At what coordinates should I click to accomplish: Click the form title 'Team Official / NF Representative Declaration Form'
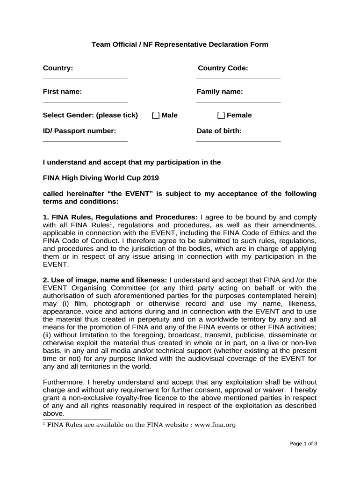(180, 44)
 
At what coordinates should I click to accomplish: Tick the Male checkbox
(156, 116)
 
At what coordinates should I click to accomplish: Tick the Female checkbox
(221, 116)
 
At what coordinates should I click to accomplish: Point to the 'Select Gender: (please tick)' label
(90, 115)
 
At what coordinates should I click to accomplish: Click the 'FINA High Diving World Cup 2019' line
(101, 178)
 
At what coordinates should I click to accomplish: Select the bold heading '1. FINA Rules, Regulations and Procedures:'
(120, 218)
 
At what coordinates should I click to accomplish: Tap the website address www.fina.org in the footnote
(215, 425)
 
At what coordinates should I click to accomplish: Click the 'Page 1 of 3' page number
(303, 443)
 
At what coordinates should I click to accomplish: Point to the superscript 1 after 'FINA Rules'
(110, 223)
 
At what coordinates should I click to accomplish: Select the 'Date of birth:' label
(219, 131)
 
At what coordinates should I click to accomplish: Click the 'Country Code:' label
(223, 68)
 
